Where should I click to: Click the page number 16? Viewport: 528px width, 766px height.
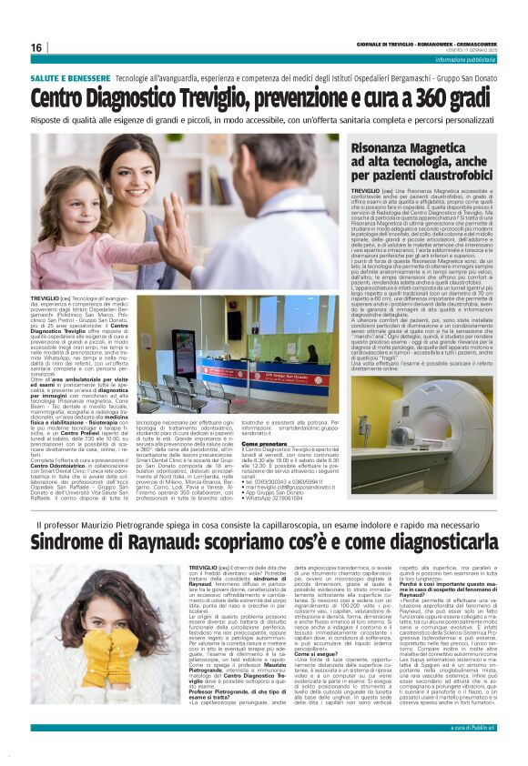(36, 47)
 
